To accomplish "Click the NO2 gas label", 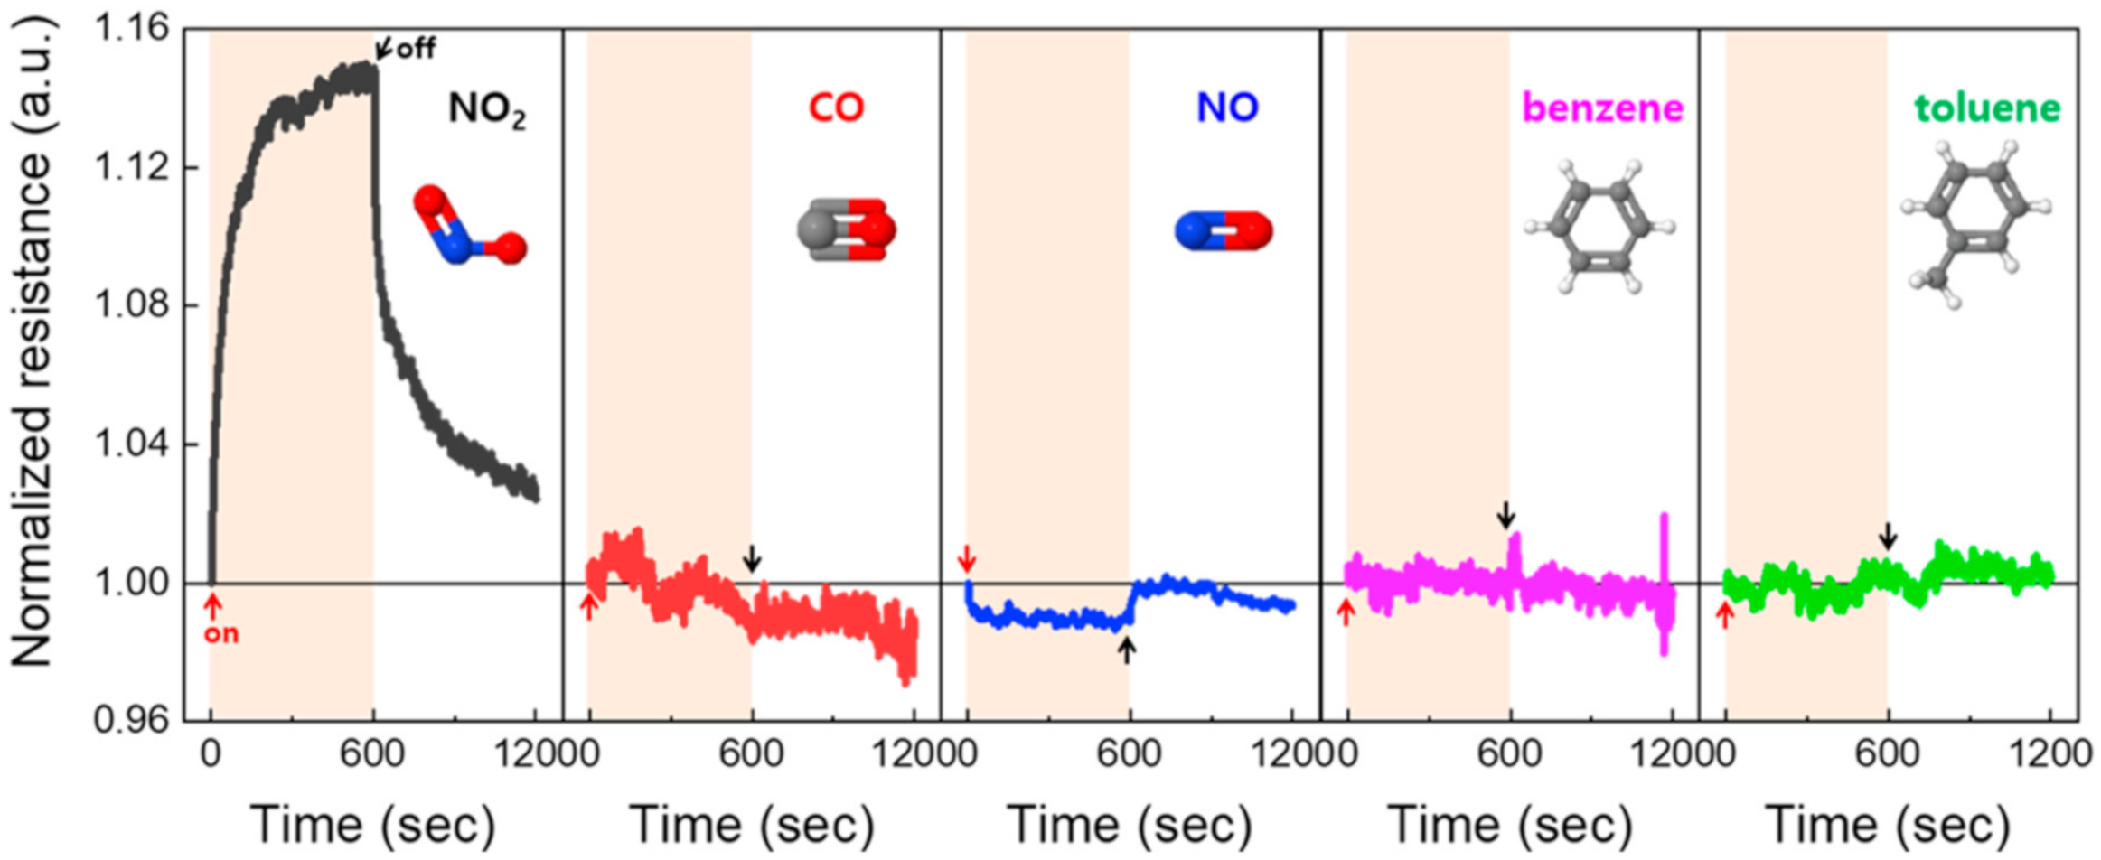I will tap(486, 110).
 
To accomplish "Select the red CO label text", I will tap(836, 108).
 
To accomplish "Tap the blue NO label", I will tap(1226, 108).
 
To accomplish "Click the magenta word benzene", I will tap(1602, 108).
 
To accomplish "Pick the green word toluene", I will tap(1987, 108).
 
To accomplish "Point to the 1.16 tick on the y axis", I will tap(132, 29).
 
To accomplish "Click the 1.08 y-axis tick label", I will tap(132, 305).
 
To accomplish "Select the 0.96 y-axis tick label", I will tap(132, 720).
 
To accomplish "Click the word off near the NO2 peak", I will tap(416, 48).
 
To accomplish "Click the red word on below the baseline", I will tap(220, 634).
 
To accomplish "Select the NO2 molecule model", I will tap(468, 226).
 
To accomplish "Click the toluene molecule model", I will tap(1975, 226).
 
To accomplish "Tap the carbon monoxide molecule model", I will tap(846, 230).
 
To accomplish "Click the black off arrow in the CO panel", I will tap(752, 558).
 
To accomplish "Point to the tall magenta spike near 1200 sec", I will tap(1664, 578).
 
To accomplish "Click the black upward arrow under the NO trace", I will tap(1126, 649).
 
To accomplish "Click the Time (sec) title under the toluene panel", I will tap(1887, 824).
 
